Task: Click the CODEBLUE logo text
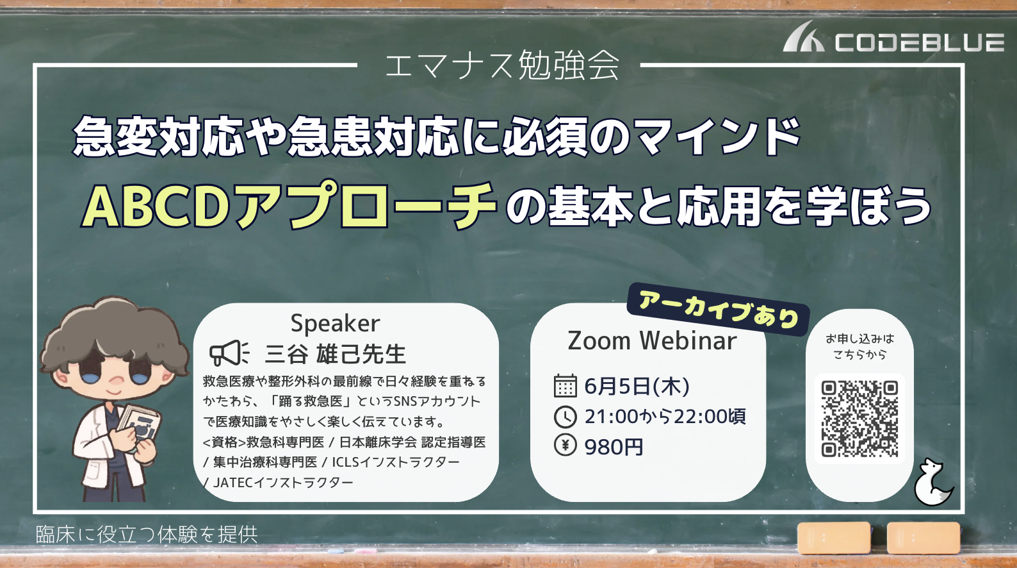pyautogui.click(x=920, y=42)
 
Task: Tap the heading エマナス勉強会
pyautogui.click(x=501, y=65)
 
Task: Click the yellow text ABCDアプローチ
pyautogui.click(x=289, y=205)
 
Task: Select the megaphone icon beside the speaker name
pyautogui.click(x=229, y=353)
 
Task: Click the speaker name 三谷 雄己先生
pyautogui.click(x=335, y=354)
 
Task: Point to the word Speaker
pyautogui.click(x=335, y=324)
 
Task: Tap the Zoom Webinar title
pyautogui.click(x=652, y=340)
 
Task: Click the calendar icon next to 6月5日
pyautogui.click(x=565, y=385)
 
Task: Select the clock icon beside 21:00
pyautogui.click(x=565, y=416)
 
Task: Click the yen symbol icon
pyautogui.click(x=565, y=446)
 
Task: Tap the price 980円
pyautogui.click(x=614, y=447)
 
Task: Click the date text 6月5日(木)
pyautogui.click(x=637, y=386)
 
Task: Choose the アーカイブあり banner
pyautogui.click(x=719, y=310)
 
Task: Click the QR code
pyautogui.click(x=859, y=419)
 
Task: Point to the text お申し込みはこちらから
pyautogui.click(x=859, y=346)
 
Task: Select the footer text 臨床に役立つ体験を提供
pyautogui.click(x=147, y=535)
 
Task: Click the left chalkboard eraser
pyautogui.click(x=834, y=538)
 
